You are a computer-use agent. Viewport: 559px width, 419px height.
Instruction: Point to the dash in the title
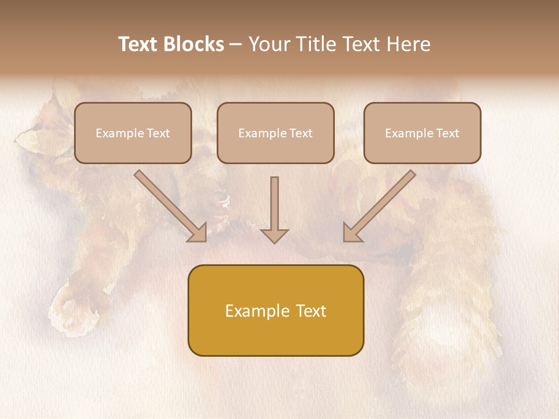pyautogui.click(x=236, y=45)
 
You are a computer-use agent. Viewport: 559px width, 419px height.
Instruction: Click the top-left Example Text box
pyautogui.click(x=133, y=133)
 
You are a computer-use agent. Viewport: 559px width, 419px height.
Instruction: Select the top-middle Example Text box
pyautogui.click(x=275, y=133)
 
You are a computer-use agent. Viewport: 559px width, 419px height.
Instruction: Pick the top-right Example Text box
pyautogui.click(x=422, y=133)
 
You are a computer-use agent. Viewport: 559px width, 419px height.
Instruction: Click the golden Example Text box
pyautogui.click(x=275, y=310)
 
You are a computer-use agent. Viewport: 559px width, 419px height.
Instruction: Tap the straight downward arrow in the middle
pyautogui.click(x=274, y=210)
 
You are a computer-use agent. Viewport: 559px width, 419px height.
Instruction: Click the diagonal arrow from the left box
pyautogui.click(x=170, y=206)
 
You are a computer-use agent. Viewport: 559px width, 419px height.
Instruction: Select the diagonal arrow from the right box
pyautogui.click(x=379, y=206)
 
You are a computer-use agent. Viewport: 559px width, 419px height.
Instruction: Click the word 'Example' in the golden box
pyautogui.click(x=249, y=311)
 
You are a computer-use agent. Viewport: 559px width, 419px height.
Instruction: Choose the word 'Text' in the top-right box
pyautogui.click(x=447, y=133)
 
